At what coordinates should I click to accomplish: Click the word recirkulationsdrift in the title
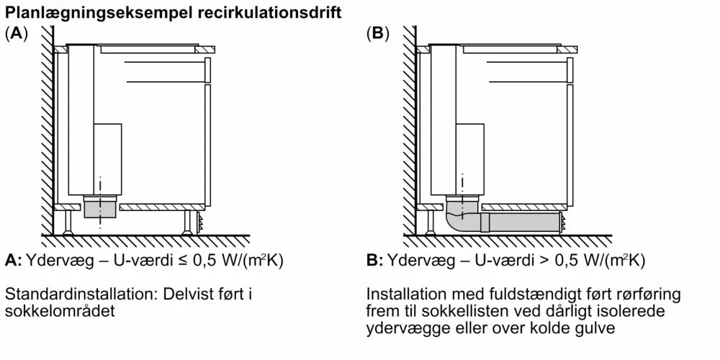[x=266, y=12]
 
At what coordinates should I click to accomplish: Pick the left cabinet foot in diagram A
[x=68, y=222]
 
